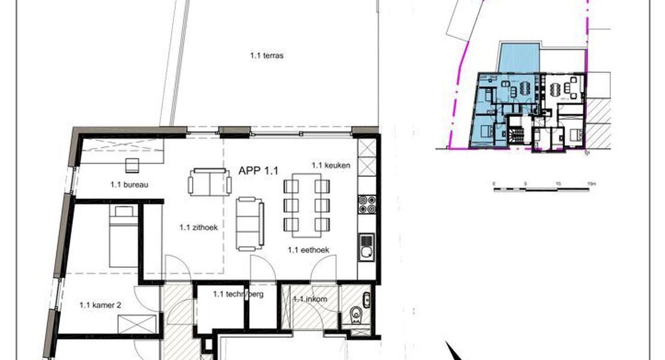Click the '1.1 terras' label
point(266,56)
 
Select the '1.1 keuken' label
point(331,164)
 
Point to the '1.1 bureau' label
point(130,185)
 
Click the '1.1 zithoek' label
point(197,227)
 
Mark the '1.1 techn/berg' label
point(238,294)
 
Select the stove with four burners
point(366,205)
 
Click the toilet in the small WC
point(357,314)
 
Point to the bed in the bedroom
point(123,236)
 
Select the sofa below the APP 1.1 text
point(250,224)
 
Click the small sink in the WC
point(366,298)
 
